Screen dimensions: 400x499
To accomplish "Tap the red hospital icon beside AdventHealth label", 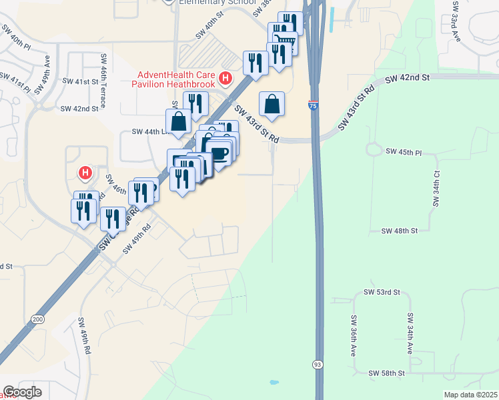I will tap(225, 79).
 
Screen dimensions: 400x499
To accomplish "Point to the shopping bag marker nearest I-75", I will tap(272, 104).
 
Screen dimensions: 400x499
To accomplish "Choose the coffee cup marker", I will tap(219, 153).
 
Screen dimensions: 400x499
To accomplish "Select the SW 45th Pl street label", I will tap(404, 152).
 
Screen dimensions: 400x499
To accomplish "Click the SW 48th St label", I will tap(399, 231).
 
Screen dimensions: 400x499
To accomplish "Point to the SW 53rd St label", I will tap(382, 292).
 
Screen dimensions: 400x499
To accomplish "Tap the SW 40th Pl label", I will tap(16, 43).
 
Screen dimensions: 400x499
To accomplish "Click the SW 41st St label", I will tap(87, 81).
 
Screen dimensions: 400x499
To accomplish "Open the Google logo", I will tap(23, 391).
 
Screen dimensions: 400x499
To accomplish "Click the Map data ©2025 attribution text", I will tap(470, 395).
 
